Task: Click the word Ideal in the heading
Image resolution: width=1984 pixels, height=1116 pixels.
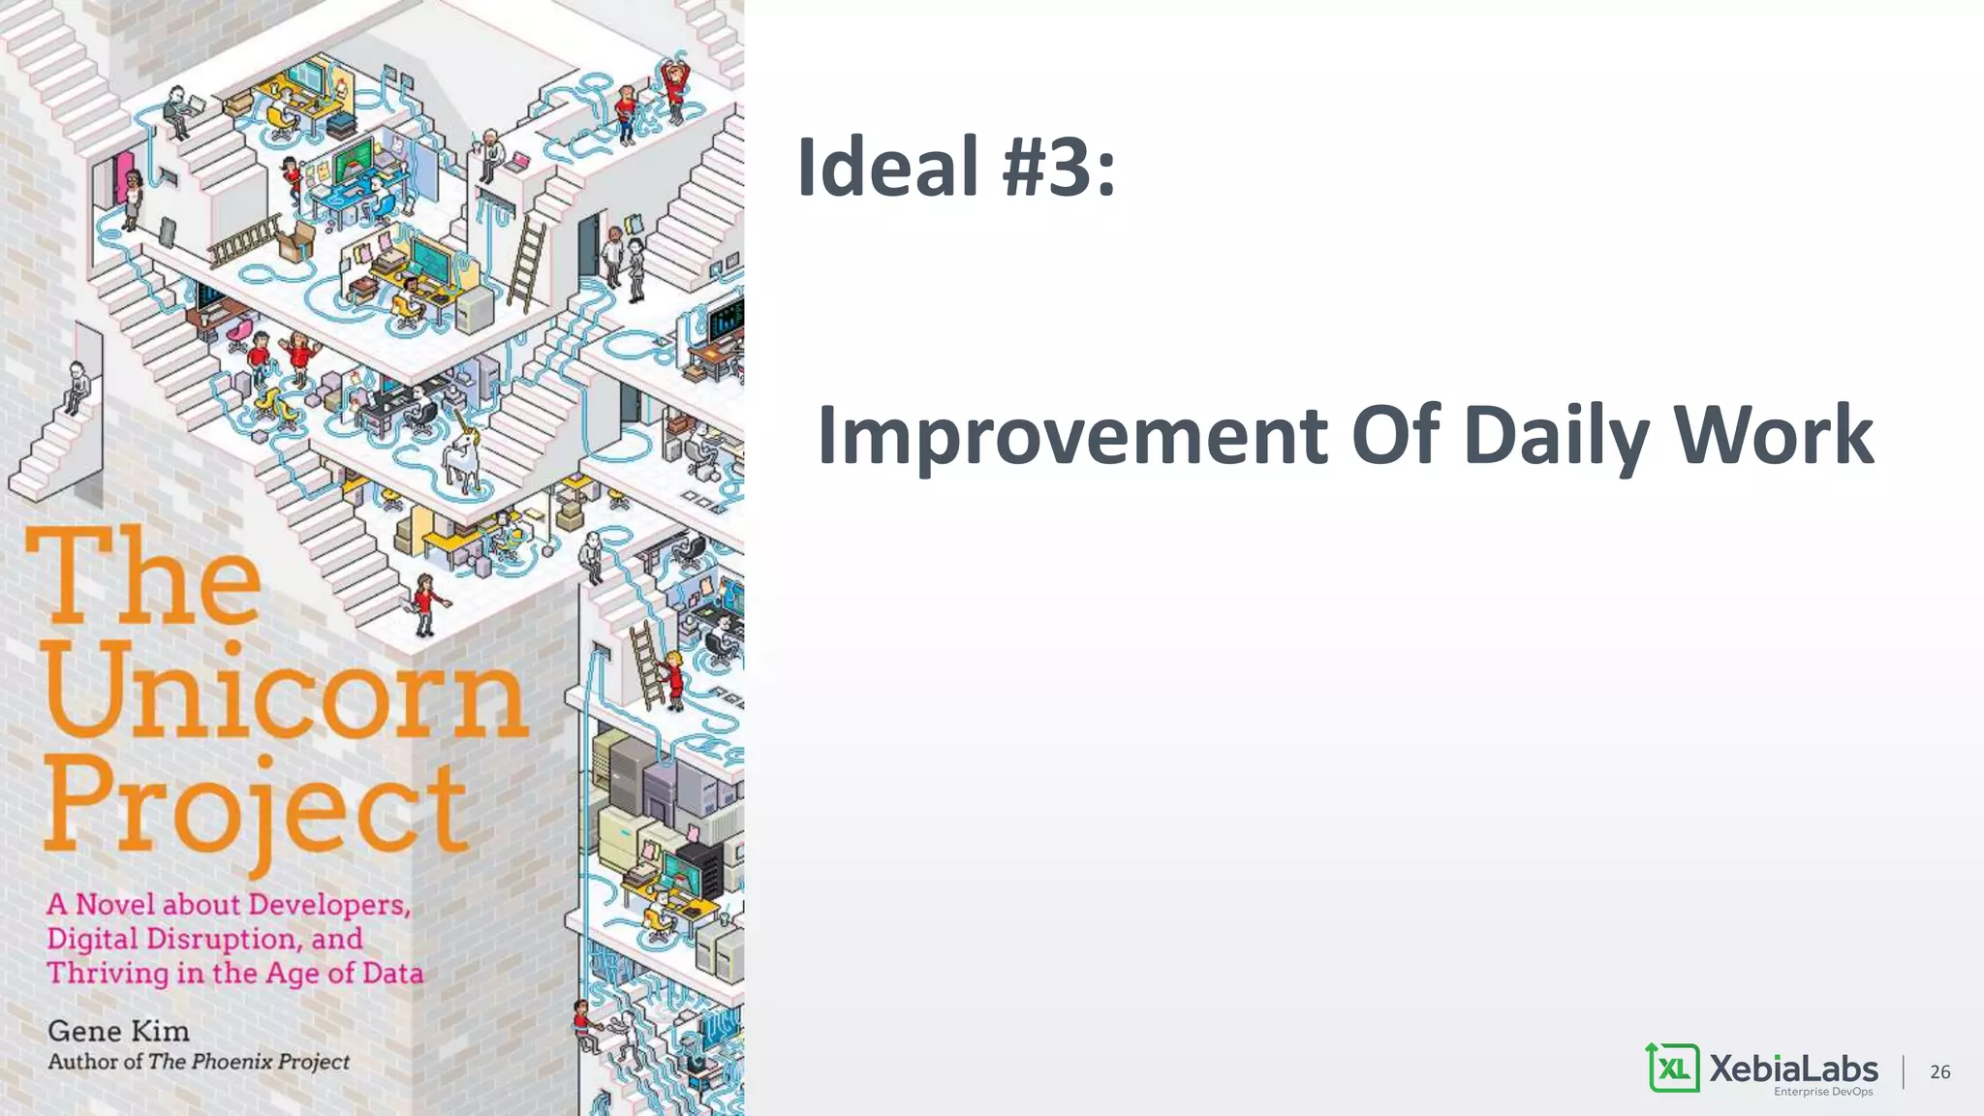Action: coord(886,167)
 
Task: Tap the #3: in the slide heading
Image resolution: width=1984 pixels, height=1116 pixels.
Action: coord(1059,167)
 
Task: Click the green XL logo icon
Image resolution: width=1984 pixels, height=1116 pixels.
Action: coord(1673,1068)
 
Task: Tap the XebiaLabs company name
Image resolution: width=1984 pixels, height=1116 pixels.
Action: coord(1793,1068)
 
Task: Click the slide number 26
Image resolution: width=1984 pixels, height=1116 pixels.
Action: coord(1939,1071)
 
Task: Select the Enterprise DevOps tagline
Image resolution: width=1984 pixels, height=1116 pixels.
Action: coord(1823,1092)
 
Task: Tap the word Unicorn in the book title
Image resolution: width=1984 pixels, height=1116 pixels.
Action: coord(286,690)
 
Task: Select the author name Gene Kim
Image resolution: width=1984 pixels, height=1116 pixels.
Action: coord(118,1031)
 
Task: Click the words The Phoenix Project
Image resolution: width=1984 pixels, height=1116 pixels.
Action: coord(249,1062)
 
